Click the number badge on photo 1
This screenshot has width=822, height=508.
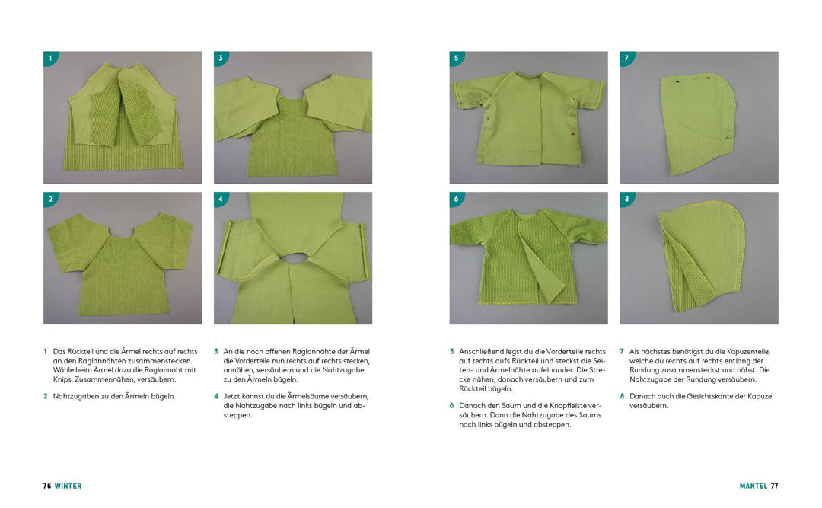coord(50,58)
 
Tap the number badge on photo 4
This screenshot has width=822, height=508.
coord(221,199)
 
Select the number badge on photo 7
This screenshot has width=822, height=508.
coord(627,58)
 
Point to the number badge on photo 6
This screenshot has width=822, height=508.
coord(457,199)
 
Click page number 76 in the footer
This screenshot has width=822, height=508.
coord(47,486)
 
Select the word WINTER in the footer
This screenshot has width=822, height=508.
coord(68,486)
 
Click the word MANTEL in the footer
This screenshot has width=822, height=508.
coord(753,486)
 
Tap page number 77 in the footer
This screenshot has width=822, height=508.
coord(774,486)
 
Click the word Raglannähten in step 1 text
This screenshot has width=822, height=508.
coord(100,361)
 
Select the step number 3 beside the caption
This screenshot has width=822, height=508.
coord(216,352)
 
